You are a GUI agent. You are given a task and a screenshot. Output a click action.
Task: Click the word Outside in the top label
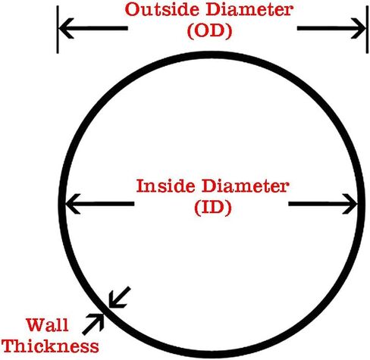(163, 10)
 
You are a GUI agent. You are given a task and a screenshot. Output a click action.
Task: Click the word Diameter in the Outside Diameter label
(249, 10)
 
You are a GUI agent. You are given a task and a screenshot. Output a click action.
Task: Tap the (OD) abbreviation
(209, 31)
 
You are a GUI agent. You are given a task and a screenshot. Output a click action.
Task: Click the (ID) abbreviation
(213, 207)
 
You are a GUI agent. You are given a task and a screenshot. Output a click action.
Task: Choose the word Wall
(47, 325)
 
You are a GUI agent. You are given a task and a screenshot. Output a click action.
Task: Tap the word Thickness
(51, 346)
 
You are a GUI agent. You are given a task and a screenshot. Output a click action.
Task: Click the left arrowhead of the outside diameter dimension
(66, 28)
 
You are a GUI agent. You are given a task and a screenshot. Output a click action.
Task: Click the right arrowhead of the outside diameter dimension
(359, 28)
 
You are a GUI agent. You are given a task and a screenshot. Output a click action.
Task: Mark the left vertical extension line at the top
(58, 30)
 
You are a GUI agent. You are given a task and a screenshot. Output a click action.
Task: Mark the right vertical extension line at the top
(367, 30)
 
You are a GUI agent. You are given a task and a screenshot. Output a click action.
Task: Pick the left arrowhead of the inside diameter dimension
(74, 204)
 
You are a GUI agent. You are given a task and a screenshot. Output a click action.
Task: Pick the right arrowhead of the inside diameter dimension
(350, 204)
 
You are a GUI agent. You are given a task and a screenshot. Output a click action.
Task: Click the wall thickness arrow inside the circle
(119, 297)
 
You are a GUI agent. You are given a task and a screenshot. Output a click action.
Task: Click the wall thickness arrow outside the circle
(93, 324)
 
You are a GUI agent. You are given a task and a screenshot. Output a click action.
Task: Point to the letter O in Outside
(132, 10)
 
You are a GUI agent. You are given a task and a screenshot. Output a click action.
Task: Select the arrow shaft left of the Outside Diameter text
(93, 28)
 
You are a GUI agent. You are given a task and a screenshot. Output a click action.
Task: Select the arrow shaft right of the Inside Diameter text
(323, 204)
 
